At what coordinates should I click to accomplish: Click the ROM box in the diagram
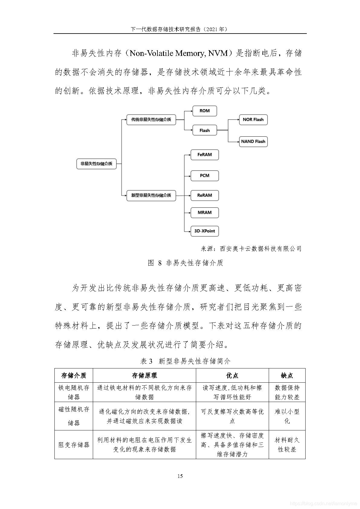coord(205,111)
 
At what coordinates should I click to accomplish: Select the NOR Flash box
coord(253,119)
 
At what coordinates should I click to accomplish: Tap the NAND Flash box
coord(253,141)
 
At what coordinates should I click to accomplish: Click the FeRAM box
coord(205,154)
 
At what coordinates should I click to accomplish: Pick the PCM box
coord(205,176)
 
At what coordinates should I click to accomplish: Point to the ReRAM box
coord(205,195)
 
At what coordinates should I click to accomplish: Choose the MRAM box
coord(205,212)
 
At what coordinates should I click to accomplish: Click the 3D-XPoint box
coord(205,231)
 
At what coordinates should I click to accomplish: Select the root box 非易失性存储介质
coord(96,164)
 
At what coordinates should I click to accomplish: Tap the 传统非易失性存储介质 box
coord(151,119)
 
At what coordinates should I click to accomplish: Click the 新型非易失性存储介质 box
coord(151,195)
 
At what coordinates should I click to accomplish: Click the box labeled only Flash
coord(205,130)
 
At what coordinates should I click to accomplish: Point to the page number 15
coord(180,476)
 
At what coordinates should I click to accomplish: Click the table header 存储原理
coord(144,375)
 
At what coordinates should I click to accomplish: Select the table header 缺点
coord(287,375)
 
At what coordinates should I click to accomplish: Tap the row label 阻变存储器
coord(74,445)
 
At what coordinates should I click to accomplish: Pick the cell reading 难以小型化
coord(287,416)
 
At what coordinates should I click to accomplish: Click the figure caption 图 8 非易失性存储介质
coord(185,263)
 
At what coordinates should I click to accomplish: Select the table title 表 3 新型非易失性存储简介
coord(185,361)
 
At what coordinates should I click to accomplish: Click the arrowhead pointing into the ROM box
coord(191,111)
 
